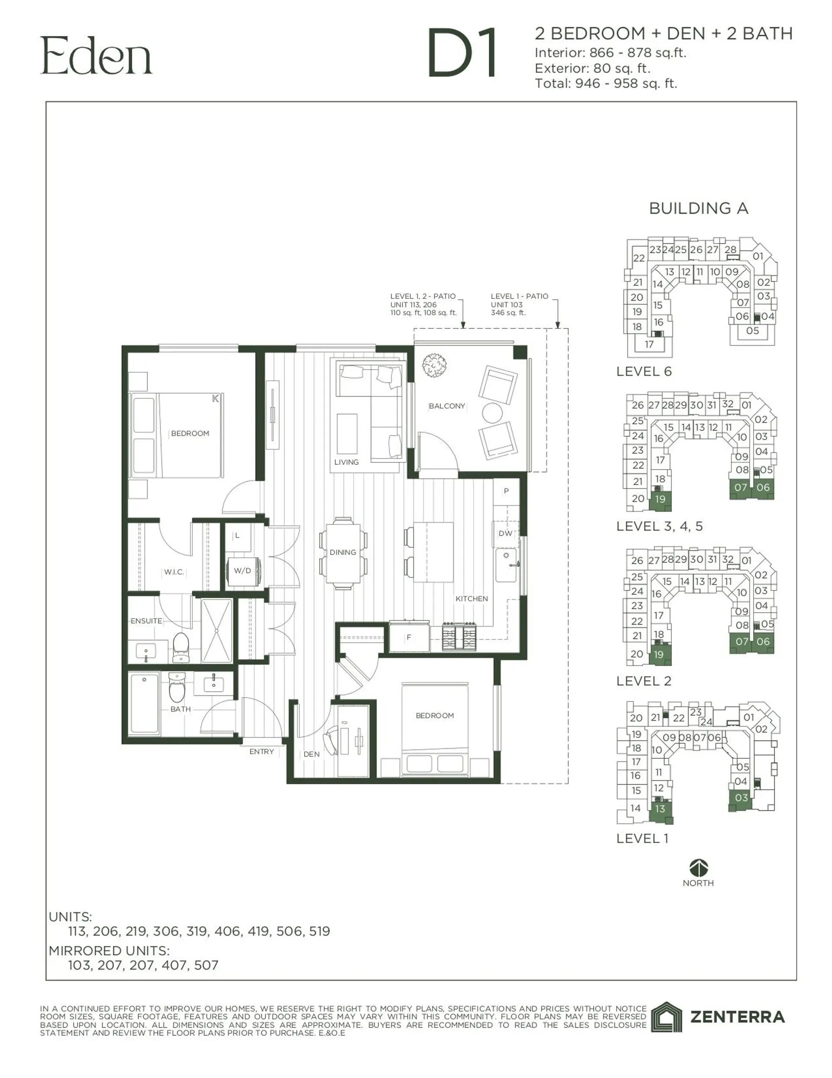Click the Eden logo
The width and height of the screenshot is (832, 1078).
(96, 56)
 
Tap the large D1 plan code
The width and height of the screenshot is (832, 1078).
(462, 54)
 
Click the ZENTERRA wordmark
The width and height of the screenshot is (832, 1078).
(737, 1017)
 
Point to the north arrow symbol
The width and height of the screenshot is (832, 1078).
(699, 867)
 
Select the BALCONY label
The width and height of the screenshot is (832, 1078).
(447, 406)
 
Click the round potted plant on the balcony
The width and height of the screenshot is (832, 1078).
(435, 365)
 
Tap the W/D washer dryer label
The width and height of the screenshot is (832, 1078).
(242, 570)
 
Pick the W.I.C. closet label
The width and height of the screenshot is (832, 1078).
(174, 572)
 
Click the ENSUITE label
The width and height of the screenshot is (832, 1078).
(146, 620)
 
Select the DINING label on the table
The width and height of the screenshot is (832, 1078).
(343, 552)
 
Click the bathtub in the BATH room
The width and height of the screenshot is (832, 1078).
(144, 704)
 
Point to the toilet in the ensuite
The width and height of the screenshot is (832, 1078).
(181, 647)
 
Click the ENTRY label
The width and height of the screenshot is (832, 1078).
(261, 751)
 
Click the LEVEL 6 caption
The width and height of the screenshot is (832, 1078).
(643, 371)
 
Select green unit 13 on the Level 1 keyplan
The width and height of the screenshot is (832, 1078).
(660, 809)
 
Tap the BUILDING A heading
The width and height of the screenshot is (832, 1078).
(699, 208)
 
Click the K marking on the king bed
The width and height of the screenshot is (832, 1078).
(215, 398)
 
